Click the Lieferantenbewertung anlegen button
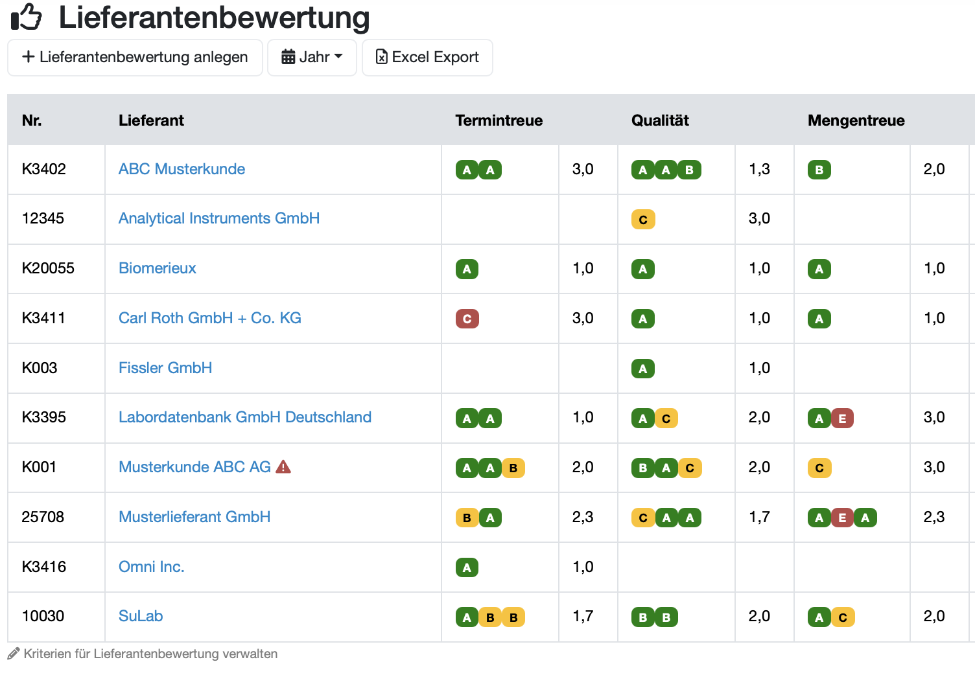click(135, 58)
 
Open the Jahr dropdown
click(312, 58)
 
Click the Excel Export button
click(427, 58)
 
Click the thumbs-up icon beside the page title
click(26, 17)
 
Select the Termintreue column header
click(499, 120)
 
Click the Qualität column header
click(660, 120)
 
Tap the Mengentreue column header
click(856, 120)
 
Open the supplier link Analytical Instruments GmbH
click(219, 218)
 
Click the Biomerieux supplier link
click(157, 268)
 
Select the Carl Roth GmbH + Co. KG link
click(210, 318)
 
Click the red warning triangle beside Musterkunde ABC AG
click(283, 466)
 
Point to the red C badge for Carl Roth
click(467, 319)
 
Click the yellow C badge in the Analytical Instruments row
click(643, 220)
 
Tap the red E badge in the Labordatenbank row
click(842, 418)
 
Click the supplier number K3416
click(44, 567)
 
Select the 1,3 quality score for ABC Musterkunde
click(760, 169)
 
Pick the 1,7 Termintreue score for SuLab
click(583, 616)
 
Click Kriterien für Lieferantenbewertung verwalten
click(150, 654)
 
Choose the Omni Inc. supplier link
click(152, 567)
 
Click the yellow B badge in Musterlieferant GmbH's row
click(467, 518)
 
